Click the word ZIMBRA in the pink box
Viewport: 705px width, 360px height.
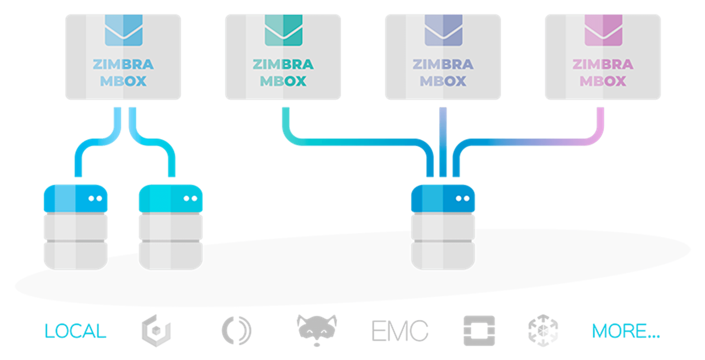(x=603, y=65)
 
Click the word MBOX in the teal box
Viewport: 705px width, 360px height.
(x=283, y=81)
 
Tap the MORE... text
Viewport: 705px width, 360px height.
(x=626, y=331)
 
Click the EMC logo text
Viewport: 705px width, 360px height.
(x=400, y=331)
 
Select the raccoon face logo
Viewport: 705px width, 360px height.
(x=317, y=328)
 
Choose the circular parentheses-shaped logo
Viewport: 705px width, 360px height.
(x=236, y=330)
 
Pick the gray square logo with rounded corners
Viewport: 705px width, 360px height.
(x=479, y=330)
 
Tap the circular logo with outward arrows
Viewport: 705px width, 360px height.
(x=543, y=330)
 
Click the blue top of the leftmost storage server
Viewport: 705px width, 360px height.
(x=75, y=198)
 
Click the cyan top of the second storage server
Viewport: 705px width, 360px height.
(x=171, y=198)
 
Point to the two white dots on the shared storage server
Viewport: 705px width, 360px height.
(x=462, y=198)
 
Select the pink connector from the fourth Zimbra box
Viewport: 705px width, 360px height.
(x=600, y=126)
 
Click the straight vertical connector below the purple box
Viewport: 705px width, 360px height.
(x=443, y=140)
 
